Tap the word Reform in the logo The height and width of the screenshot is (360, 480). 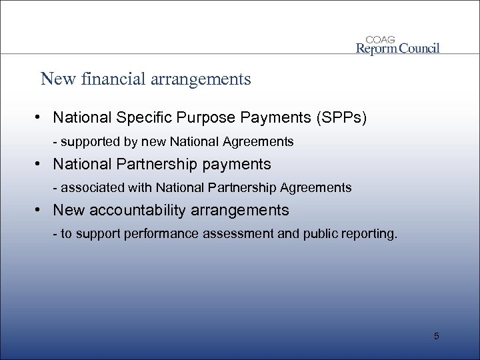(377, 48)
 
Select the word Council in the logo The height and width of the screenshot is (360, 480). (419, 48)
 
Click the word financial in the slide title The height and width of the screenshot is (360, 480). (111, 80)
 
